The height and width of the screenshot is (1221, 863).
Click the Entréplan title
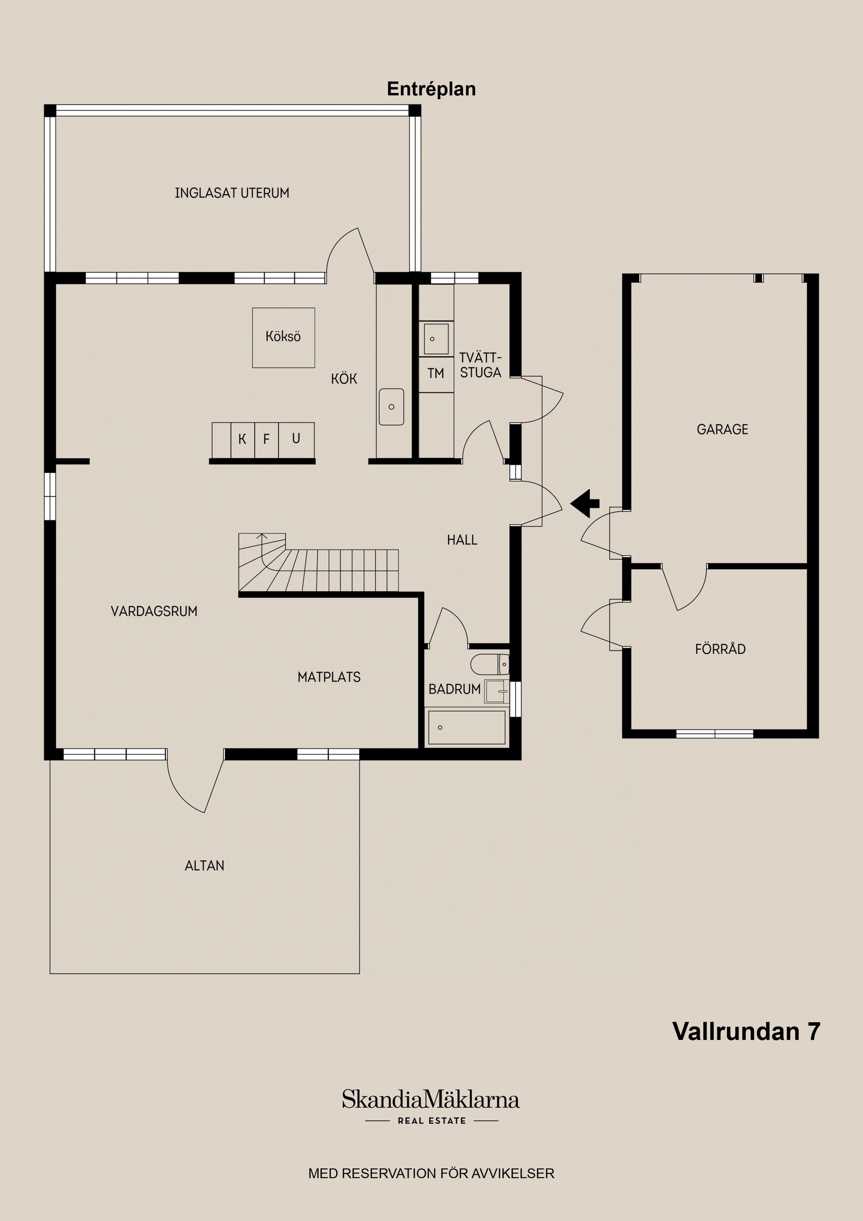[431, 89]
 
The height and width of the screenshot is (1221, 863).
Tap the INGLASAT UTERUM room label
[232, 193]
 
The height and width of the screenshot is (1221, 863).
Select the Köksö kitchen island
[284, 338]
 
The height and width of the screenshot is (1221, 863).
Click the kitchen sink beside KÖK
[391, 407]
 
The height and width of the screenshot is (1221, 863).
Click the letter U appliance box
[296, 439]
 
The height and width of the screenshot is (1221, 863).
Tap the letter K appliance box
[242, 439]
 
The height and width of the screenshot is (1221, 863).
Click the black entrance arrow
[585, 503]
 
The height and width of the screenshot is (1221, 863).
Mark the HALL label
[462, 540]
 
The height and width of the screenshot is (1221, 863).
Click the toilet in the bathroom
[490, 664]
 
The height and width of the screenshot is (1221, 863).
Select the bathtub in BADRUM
[467, 727]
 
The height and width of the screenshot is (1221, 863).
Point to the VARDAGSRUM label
[154, 611]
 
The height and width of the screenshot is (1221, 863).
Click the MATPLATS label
[329, 677]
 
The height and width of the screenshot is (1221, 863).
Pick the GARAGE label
[722, 430]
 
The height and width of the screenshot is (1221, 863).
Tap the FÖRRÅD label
[720, 649]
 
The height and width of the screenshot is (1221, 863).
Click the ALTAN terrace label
[204, 866]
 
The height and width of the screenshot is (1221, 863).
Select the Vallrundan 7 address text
[746, 1031]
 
